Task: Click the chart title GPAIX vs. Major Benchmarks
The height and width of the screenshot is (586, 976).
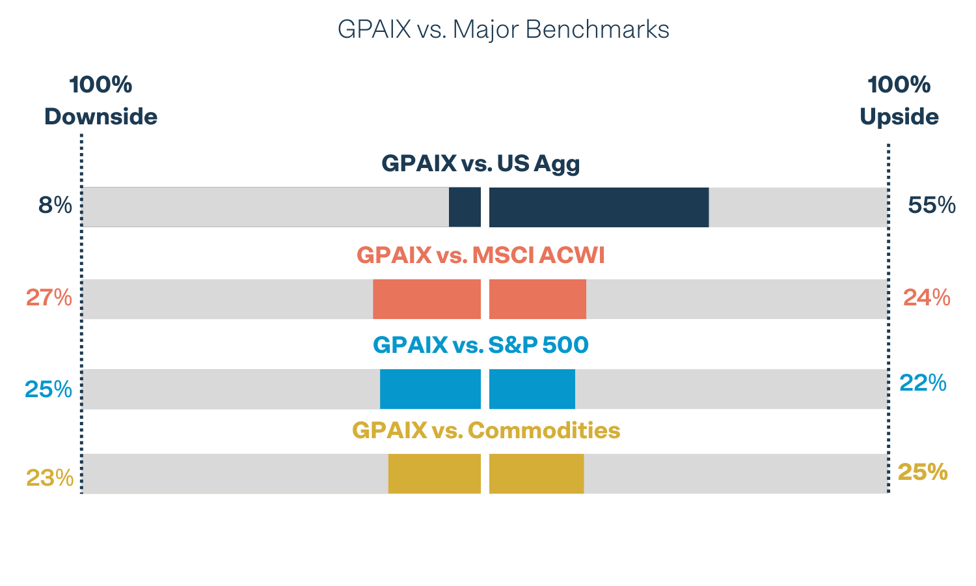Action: tap(503, 30)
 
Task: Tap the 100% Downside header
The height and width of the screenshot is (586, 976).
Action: tap(101, 101)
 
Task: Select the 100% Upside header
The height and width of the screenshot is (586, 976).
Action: tap(899, 101)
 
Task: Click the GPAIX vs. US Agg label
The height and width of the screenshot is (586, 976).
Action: tap(480, 163)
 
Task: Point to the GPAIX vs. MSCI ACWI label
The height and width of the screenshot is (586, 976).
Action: tap(480, 255)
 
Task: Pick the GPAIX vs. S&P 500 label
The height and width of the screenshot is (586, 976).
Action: tap(480, 345)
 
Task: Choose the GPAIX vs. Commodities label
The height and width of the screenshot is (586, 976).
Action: tap(485, 430)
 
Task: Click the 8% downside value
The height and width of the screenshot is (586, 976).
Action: tap(55, 206)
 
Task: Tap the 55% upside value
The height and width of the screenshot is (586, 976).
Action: tap(932, 206)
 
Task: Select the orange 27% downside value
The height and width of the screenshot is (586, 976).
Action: tap(49, 298)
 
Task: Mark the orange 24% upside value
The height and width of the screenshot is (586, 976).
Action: tap(927, 298)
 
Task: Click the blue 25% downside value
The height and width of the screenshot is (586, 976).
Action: tap(48, 389)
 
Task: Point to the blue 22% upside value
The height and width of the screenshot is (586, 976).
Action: tap(923, 383)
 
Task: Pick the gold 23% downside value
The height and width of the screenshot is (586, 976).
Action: tap(49, 479)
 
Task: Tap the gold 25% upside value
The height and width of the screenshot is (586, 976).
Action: tap(923, 472)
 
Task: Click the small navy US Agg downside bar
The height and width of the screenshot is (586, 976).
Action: tap(465, 207)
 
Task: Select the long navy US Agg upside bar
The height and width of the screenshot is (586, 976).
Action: tap(599, 207)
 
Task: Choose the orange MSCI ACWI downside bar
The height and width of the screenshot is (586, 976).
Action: tap(426, 299)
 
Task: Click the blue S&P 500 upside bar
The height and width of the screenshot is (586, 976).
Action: tap(532, 389)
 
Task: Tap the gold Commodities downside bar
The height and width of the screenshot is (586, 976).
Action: tap(434, 473)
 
